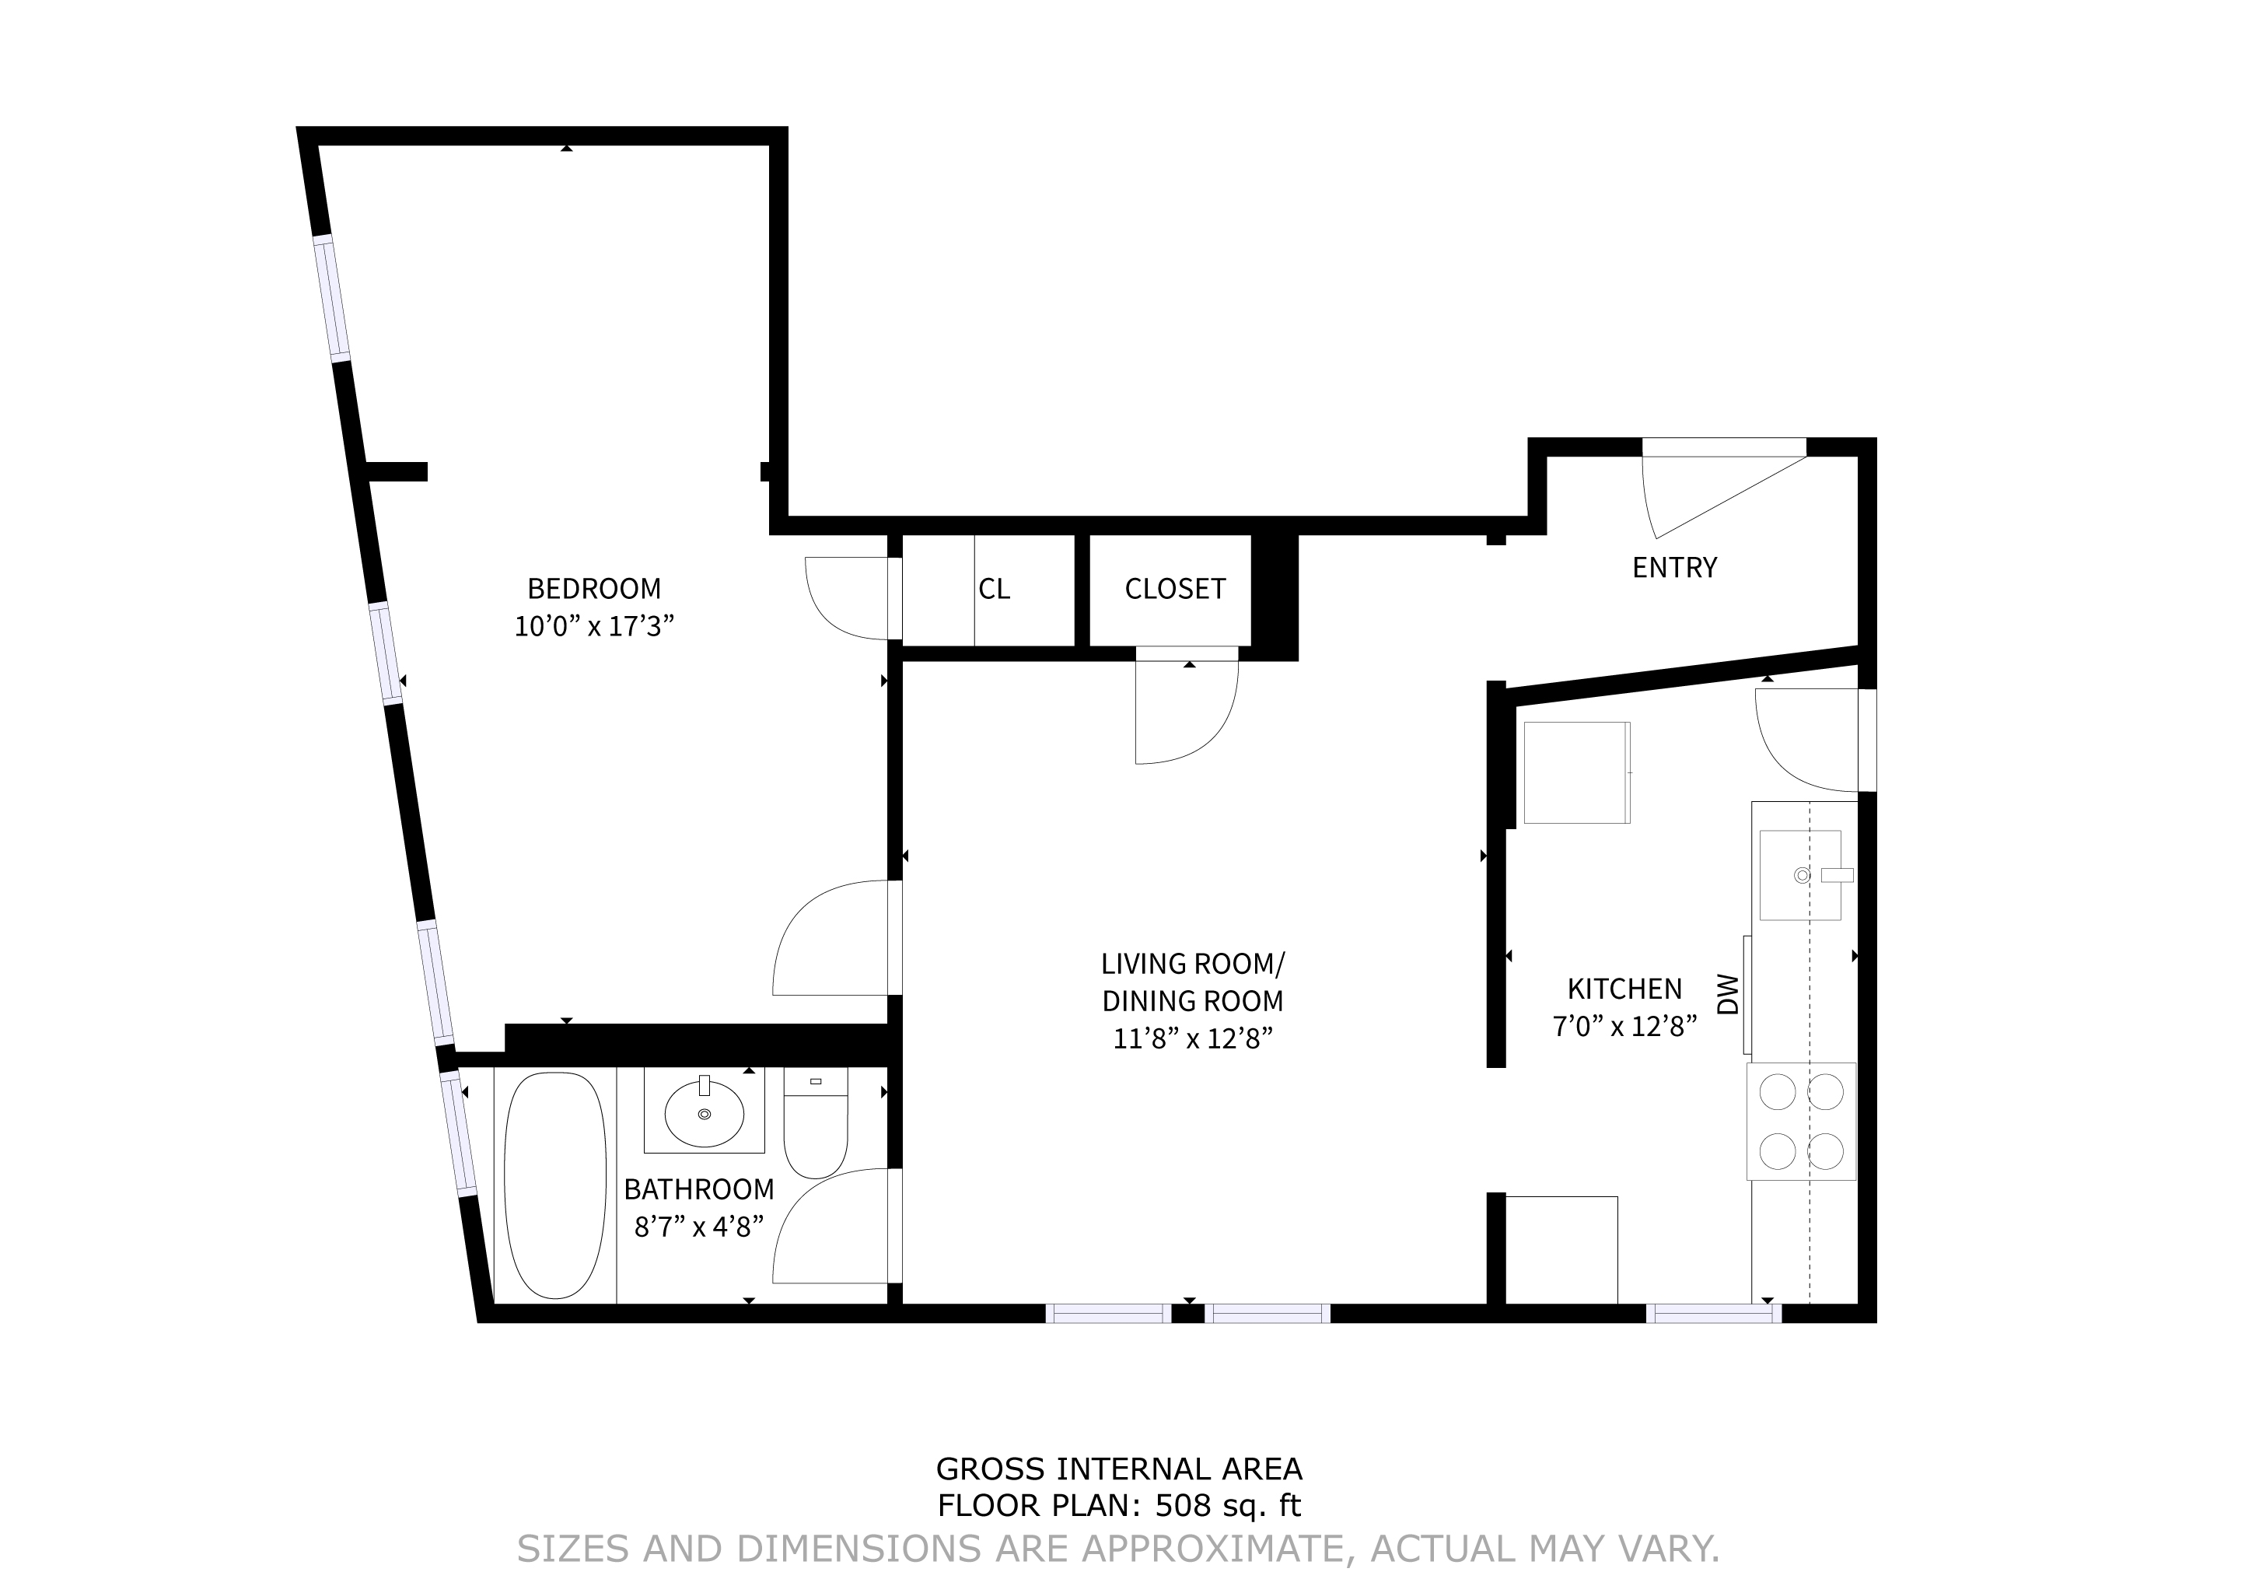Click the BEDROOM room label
click(x=594, y=589)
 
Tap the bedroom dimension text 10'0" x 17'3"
click(x=594, y=626)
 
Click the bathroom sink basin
click(x=705, y=1113)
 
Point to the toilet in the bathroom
click(x=815, y=1123)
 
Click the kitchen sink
click(x=1801, y=875)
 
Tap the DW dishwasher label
click(x=1728, y=995)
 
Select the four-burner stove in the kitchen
click(x=1802, y=1121)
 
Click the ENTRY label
click(x=1674, y=568)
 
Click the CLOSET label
click(x=1175, y=589)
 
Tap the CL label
click(x=994, y=589)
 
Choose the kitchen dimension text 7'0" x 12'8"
click(x=1624, y=1026)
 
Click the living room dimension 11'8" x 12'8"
click(x=1193, y=1038)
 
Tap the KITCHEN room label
click(x=1624, y=989)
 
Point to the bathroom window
click(x=459, y=1133)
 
